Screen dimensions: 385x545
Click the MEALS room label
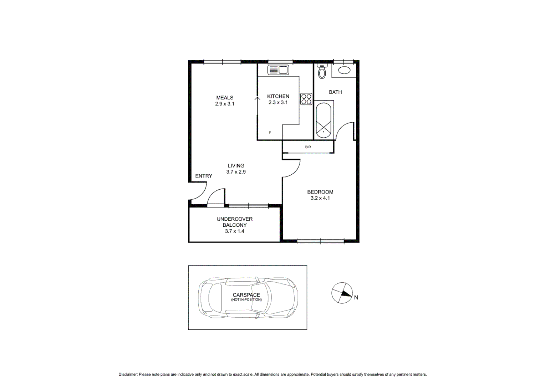coord(224,97)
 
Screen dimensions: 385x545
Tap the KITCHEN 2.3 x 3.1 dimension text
coord(278,102)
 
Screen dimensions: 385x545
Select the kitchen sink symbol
coord(278,70)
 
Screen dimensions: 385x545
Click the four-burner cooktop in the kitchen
coord(306,99)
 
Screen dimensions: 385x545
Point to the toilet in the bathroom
coord(322,72)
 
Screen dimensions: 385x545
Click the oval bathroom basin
coord(344,70)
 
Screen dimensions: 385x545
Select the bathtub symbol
coord(324,120)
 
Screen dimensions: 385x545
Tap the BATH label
coord(335,92)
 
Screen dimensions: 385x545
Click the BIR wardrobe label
coord(308,147)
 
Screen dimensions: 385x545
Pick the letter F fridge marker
coord(270,133)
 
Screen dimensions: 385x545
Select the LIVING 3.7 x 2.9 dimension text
coord(236,172)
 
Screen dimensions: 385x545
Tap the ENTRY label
coord(203,176)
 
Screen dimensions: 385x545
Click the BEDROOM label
coord(320,192)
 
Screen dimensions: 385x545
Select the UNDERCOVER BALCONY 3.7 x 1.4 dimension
coord(234,231)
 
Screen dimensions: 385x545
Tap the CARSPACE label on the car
coord(246,295)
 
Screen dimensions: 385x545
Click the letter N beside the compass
coord(356,297)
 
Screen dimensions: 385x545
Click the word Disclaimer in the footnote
coord(128,374)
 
